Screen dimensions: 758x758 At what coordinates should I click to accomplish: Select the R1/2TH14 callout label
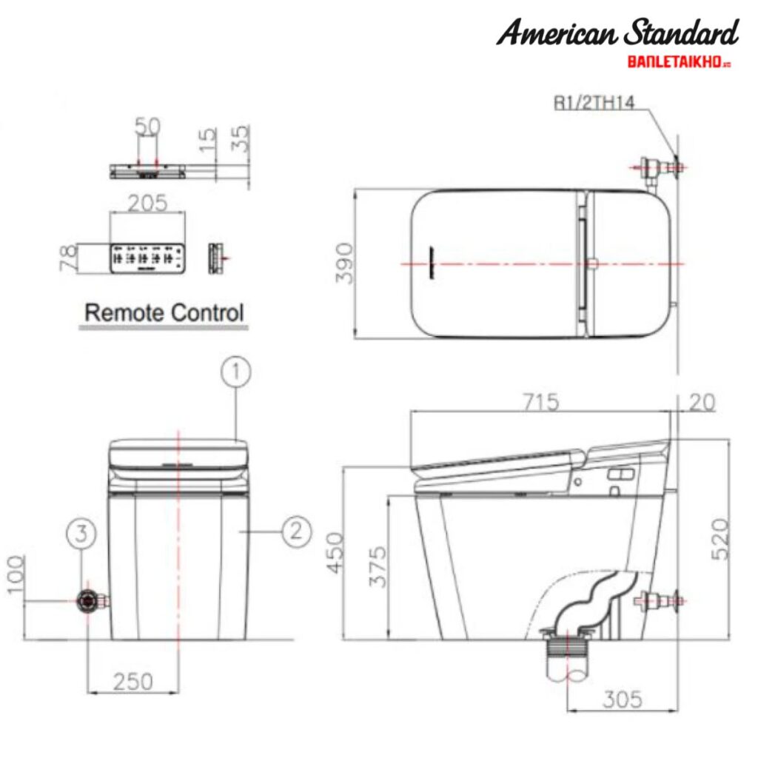pos(594,103)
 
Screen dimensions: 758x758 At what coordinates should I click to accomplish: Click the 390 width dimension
pos(345,264)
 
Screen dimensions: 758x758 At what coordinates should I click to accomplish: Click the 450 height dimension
pos(335,552)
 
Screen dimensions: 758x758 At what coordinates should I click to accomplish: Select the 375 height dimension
pos(378,566)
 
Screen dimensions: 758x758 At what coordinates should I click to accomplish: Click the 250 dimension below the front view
pos(133,681)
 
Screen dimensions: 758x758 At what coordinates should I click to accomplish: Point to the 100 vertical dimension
pos(16,574)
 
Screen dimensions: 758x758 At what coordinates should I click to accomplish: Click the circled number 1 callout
pos(235,372)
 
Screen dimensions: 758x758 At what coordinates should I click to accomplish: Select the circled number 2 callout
pos(295,531)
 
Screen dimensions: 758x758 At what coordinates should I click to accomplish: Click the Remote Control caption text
pos(164,313)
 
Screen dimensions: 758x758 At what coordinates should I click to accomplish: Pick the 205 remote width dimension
pos(147,202)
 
